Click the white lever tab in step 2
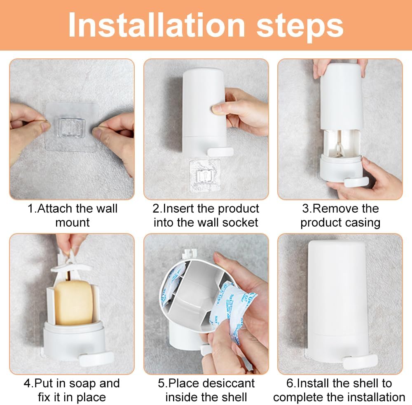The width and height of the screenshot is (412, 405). coord(220,152)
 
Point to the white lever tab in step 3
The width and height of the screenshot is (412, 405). coord(356,182)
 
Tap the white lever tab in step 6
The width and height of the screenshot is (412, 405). coord(360,361)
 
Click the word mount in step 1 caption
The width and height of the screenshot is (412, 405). coord(73,223)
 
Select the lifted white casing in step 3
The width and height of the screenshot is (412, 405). coord(341,96)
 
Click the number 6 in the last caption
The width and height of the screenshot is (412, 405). coord(290,384)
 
